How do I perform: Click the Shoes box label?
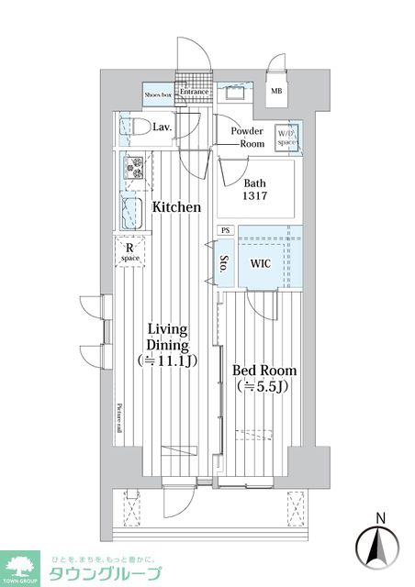click(x=160, y=93)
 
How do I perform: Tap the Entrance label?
click(x=195, y=92)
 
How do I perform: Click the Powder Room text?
click(x=247, y=138)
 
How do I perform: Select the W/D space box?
click(x=287, y=135)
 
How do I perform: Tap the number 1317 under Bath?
click(x=256, y=198)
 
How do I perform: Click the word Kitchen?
click(x=176, y=207)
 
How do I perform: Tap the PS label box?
click(x=225, y=231)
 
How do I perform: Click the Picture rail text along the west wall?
click(x=119, y=421)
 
